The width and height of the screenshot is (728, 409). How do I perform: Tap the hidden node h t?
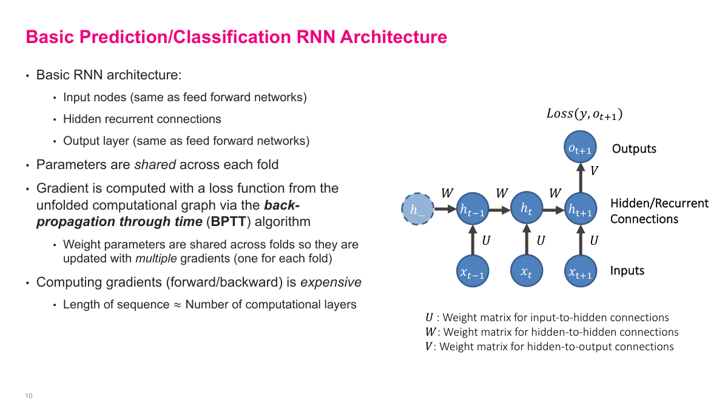pos(527,208)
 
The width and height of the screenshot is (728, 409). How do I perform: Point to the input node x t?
pos(527,272)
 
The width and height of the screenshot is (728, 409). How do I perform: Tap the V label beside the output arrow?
pos(594,171)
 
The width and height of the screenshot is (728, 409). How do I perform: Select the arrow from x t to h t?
pos(527,241)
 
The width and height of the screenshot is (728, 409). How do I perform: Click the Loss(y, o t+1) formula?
pos(584,114)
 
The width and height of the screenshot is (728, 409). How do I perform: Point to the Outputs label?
pos(634,149)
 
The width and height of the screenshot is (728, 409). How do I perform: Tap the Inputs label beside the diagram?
pos(627,271)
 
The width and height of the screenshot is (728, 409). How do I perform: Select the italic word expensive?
pos(331,282)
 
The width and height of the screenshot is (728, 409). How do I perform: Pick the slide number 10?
pos(29,396)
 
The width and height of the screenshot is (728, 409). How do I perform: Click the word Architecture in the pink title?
pos(393,37)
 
